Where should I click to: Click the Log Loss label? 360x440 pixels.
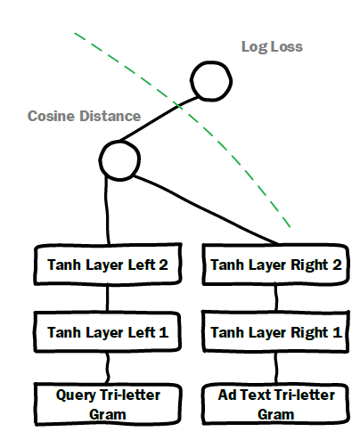(x=272, y=47)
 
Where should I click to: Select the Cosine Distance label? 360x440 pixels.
(x=84, y=116)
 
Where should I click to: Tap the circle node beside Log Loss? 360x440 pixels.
(x=211, y=81)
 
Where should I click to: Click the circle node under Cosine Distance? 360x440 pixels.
(x=119, y=160)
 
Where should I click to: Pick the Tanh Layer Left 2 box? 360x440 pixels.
(x=108, y=265)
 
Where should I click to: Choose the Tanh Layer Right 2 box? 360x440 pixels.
(x=275, y=265)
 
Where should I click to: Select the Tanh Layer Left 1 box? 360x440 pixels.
(x=107, y=332)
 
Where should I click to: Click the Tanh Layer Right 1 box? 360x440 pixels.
(x=275, y=331)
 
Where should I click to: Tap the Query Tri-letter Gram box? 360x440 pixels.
(x=108, y=404)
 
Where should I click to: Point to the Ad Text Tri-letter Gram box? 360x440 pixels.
(x=275, y=404)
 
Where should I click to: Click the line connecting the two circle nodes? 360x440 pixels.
(x=158, y=118)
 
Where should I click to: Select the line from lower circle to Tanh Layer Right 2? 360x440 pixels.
(x=205, y=208)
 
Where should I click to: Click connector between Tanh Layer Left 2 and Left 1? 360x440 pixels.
(x=107, y=298)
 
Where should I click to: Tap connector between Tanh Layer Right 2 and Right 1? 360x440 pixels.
(x=276, y=298)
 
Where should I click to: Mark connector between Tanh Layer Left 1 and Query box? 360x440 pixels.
(x=107, y=368)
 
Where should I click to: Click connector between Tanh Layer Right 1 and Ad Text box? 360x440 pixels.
(x=276, y=368)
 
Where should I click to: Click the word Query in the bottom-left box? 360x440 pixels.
(x=76, y=395)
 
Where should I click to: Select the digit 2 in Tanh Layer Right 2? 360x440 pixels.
(x=337, y=265)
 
